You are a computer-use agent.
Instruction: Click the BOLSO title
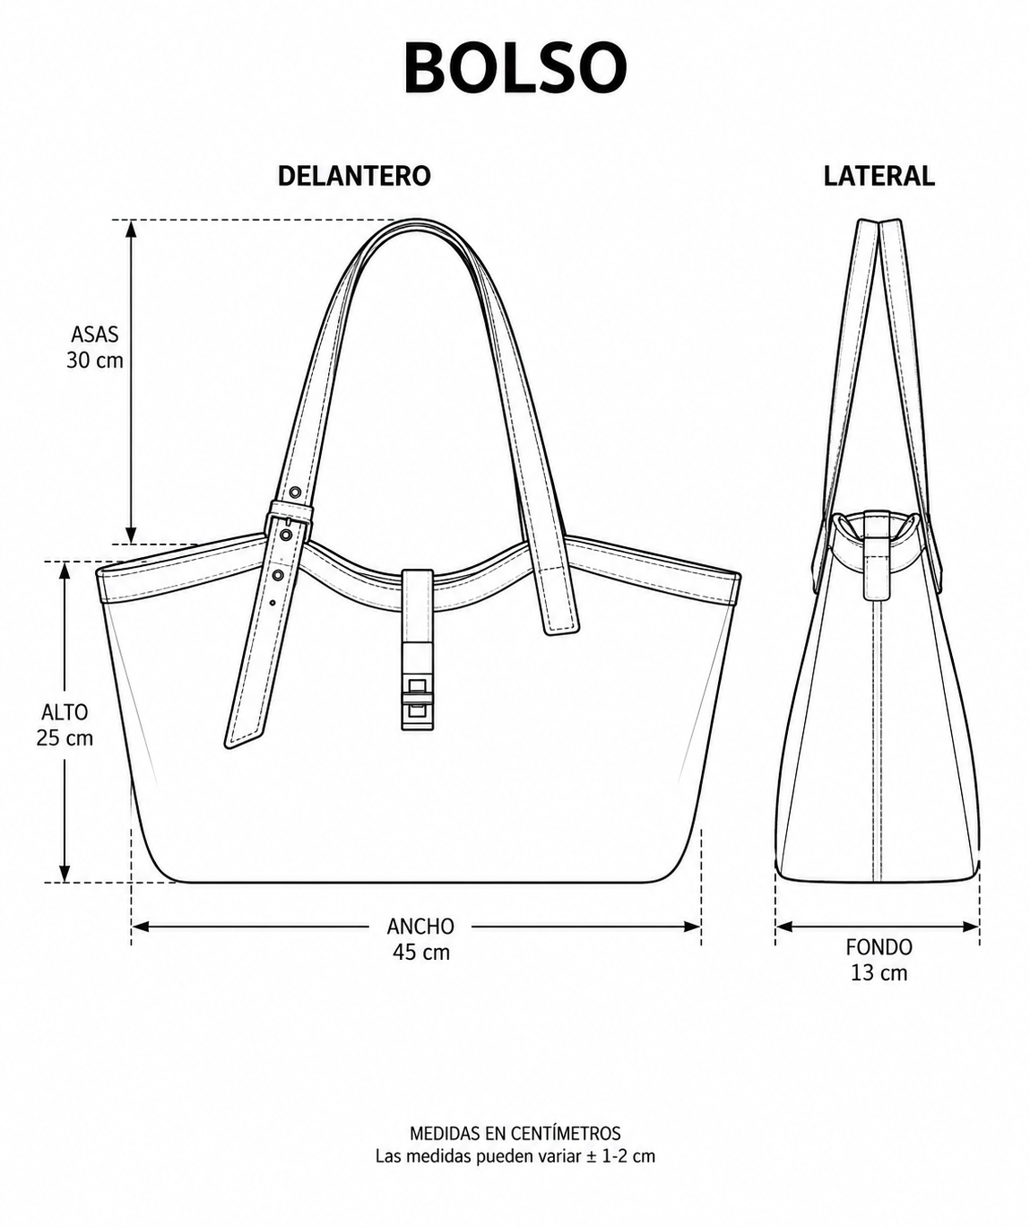(x=515, y=67)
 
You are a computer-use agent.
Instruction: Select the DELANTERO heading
(x=354, y=176)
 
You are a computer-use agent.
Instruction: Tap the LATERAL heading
(x=879, y=176)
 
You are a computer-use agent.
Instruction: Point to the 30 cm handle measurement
(x=95, y=360)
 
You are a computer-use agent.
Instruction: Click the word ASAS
(x=95, y=334)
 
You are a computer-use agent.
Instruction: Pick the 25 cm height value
(x=65, y=737)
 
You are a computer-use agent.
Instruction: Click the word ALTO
(x=65, y=712)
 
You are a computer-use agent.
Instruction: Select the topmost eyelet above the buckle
(x=294, y=492)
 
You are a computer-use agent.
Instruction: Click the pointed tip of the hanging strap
(x=228, y=747)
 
